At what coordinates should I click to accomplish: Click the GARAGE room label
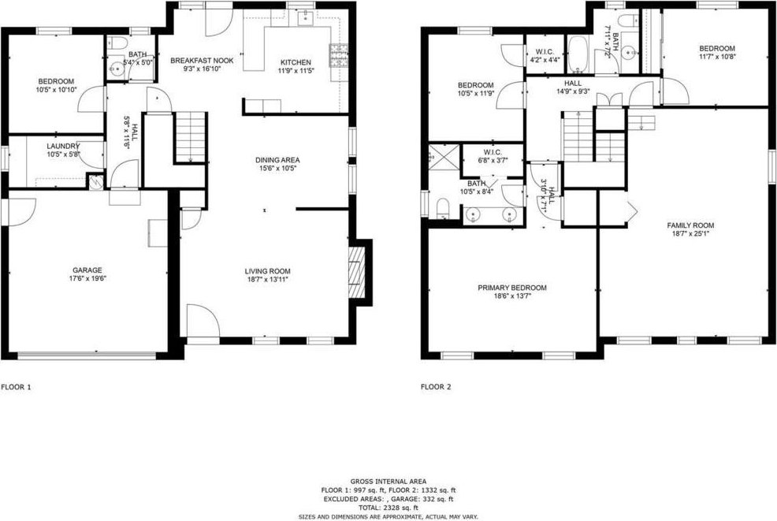tap(87, 270)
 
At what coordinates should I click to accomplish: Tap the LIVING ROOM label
tap(268, 271)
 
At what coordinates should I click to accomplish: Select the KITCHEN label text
tap(296, 62)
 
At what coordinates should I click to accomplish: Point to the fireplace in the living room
tap(356, 272)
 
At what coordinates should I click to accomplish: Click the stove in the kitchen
tap(339, 55)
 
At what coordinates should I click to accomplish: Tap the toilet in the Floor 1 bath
tap(115, 43)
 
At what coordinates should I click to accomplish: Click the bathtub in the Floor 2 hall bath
tap(578, 54)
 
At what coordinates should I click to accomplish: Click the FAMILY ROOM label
tap(690, 225)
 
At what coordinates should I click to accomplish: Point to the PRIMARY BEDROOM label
tap(512, 288)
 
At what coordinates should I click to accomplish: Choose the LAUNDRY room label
tap(63, 147)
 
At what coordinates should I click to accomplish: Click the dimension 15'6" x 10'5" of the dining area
tap(277, 168)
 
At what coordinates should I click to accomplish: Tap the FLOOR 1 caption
tap(17, 387)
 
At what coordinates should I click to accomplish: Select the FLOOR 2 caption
tap(436, 387)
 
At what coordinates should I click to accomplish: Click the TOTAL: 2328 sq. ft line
tap(388, 508)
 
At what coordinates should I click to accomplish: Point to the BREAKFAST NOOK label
tap(203, 61)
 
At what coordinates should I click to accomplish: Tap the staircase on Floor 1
tap(191, 136)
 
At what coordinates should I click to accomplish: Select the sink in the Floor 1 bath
tap(117, 68)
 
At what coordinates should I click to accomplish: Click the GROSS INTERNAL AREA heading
tap(388, 482)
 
